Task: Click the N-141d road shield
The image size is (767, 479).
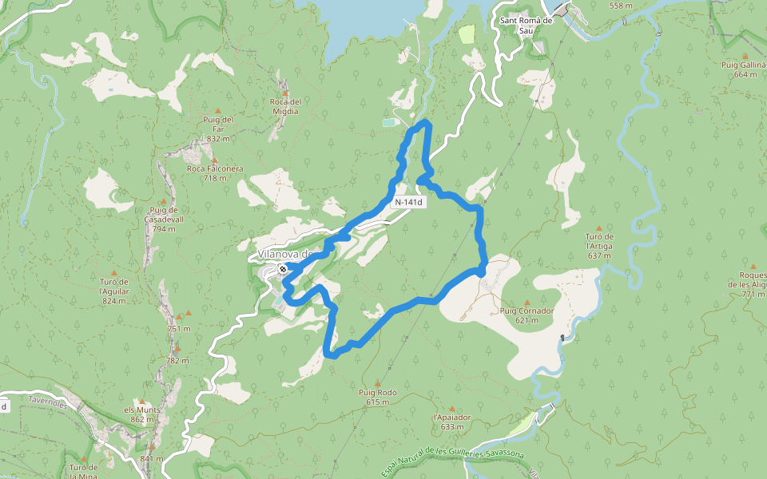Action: [x=408, y=203]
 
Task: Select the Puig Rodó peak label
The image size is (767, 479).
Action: [x=378, y=393]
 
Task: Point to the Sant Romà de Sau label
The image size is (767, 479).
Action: [x=526, y=25]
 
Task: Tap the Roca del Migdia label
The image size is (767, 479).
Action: [x=285, y=106]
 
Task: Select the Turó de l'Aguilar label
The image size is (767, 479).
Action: [x=113, y=286]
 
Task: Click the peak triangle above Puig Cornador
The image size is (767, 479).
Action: [x=527, y=302]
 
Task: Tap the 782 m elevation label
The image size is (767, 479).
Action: [x=176, y=360]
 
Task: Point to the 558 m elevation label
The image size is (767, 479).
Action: [x=621, y=6]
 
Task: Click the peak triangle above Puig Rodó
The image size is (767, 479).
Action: [x=378, y=383]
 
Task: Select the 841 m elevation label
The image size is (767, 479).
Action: [x=151, y=458]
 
